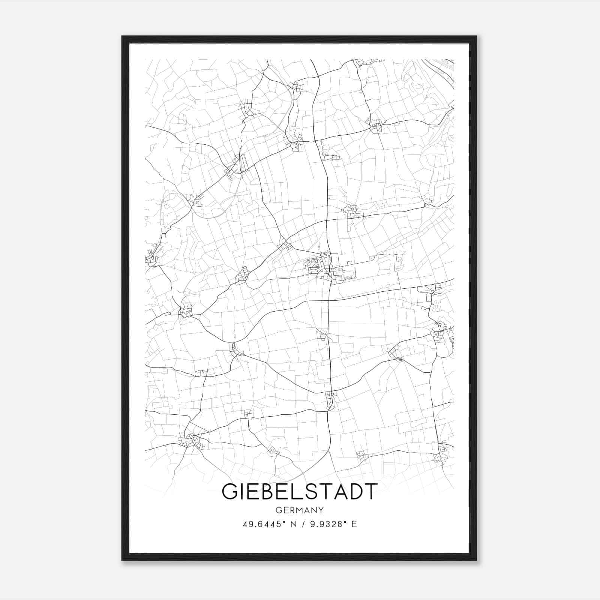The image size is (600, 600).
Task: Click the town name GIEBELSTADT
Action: coord(299,492)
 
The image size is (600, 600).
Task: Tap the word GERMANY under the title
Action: coord(299,510)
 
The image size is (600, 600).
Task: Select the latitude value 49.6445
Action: coord(262,524)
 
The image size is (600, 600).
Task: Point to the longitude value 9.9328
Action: coord(326,524)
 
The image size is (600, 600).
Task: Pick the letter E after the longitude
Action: coord(354,524)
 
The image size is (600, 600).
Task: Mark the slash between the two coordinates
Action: coord(302,524)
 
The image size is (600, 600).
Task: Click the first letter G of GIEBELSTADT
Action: coord(230,492)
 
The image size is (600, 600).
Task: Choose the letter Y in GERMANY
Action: coord(321,510)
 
